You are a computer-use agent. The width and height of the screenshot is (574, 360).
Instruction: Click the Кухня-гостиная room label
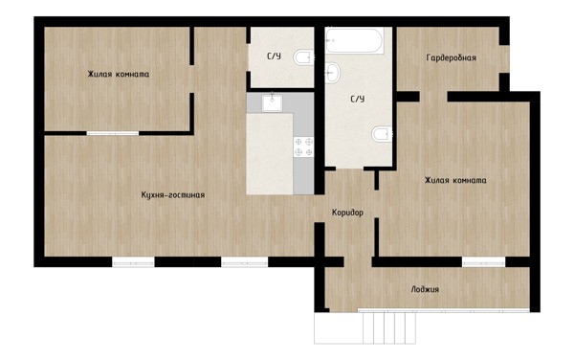[x=173, y=194]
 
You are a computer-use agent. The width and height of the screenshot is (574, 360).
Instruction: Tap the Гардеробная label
[x=452, y=57]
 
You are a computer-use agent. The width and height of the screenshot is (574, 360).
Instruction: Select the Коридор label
[x=348, y=213]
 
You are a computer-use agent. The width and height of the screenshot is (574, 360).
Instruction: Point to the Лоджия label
[x=425, y=289]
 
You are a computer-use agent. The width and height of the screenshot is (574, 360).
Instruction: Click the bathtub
[x=354, y=40]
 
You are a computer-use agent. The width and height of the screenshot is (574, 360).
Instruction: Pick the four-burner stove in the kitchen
[x=303, y=146]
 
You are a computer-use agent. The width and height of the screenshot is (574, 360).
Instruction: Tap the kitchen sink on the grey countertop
[x=272, y=102]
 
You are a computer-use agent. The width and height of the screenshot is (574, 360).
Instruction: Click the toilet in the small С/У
[x=303, y=57]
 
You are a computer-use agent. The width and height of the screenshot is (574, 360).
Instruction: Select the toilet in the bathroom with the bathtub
[x=382, y=134]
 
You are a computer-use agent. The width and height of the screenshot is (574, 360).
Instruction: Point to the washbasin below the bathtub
[x=332, y=73]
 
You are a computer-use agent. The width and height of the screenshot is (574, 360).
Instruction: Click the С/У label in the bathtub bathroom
[x=358, y=99]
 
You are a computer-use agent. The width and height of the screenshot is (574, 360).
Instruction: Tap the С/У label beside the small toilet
[x=274, y=56]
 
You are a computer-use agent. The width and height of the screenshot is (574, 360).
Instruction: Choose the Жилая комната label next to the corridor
[x=455, y=180]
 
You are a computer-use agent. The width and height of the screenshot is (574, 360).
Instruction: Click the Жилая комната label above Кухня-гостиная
[x=119, y=74]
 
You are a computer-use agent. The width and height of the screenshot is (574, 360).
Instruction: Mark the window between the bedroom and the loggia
[x=483, y=261]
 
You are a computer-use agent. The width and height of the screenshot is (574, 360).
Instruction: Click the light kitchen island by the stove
[x=270, y=154]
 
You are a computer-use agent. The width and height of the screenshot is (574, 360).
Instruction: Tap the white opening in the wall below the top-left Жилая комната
[x=113, y=133]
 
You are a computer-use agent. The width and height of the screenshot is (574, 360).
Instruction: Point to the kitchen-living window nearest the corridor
[x=245, y=261]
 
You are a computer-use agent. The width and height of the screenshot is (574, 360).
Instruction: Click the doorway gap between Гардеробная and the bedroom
[x=433, y=97]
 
